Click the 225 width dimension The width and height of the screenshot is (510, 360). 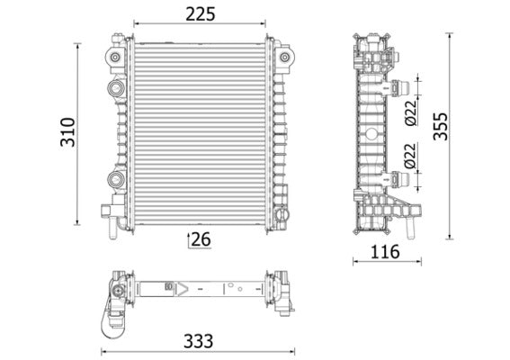pyautogui.click(x=200, y=13)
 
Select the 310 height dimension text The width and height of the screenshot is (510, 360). pyautogui.click(x=65, y=133)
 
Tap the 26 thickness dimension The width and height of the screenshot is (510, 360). pyautogui.click(x=199, y=238)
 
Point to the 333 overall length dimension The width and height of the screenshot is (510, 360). pyautogui.click(x=198, y=342)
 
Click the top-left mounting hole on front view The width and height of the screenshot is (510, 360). pyautogui.click(x=116, y=58)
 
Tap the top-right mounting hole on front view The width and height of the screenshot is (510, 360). pyautogui.click(x=285, y=58)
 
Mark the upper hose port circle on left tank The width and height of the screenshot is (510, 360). pyautogui.click(x=116, y=88)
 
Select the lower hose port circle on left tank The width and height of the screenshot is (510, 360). pyautogui.click(x=116, y=177)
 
